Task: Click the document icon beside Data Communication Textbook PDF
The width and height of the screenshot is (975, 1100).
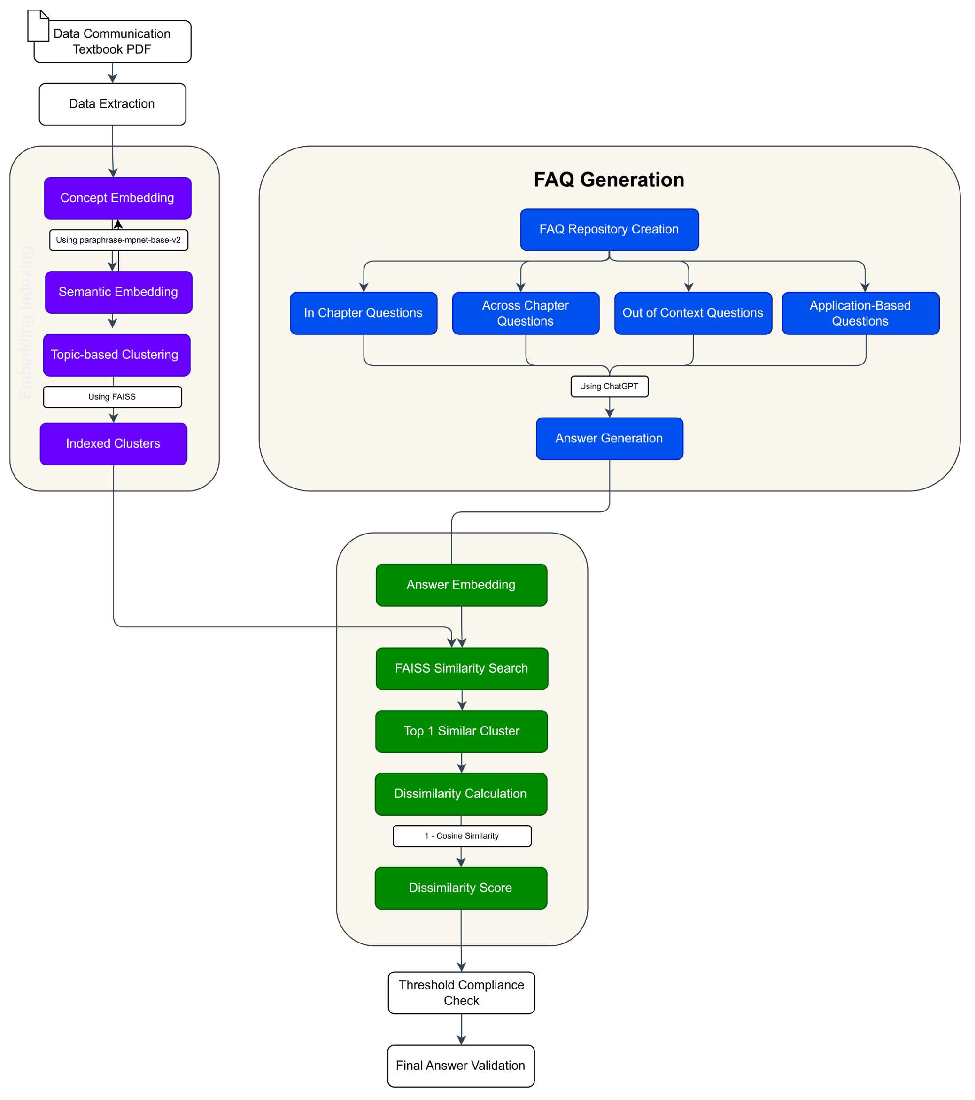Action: (x=38, y=25)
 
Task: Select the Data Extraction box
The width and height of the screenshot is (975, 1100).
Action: (x=112, y=104)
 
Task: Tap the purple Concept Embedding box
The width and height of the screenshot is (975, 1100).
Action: (x=117, y=198)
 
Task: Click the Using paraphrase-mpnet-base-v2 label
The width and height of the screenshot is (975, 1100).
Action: (x=118, y=240)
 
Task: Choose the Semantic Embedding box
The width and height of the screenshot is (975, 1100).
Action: (x=118, y=292)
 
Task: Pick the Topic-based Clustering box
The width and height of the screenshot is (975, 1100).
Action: (x=116, y=354)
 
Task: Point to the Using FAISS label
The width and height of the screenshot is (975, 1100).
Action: (x=112, y=396)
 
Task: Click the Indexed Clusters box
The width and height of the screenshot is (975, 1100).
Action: (x=113, y=443)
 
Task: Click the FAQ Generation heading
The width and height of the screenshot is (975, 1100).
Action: (x=608, y=180)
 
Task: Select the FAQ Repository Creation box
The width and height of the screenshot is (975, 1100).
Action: (x=609, y=229)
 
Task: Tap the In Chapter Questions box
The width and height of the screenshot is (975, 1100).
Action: (x=364, y=313)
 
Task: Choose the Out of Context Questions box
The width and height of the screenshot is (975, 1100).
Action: (x=693, y=313)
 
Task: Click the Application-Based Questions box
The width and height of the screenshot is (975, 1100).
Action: (x=860, y=313)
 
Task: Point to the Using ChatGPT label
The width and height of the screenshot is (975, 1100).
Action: (x=609, y=387)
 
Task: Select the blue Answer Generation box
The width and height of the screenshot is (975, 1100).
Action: (x=609, y=439)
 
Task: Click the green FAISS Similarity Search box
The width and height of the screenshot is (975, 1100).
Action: (x=462, y=668)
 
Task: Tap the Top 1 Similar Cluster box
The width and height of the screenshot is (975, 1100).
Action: (x=462, y=731)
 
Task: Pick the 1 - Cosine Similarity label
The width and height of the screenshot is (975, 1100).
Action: (x=462, y=836)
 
